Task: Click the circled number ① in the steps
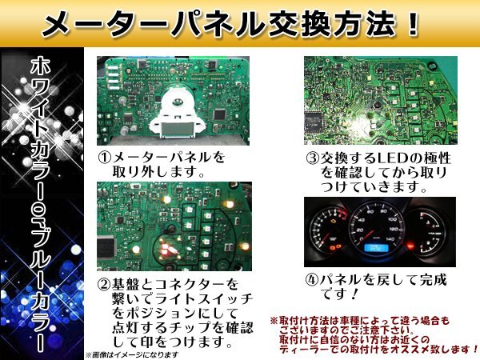tap(104, 158)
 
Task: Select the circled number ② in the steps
tap(104, 284)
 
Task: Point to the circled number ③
tap(313, 158)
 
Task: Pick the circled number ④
tap(313, 281)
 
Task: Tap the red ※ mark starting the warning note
tap(274, 319)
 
